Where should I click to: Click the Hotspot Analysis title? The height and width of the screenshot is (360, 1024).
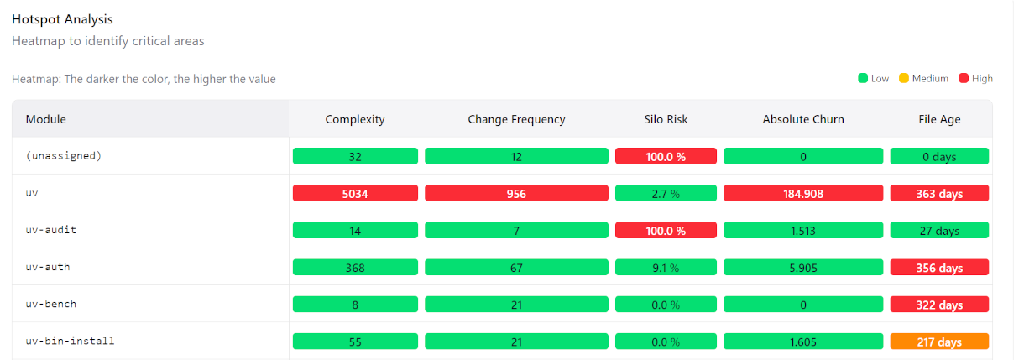pos(62,19)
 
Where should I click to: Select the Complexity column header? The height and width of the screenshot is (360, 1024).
pos(355,119)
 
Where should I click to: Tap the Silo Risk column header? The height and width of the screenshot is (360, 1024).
pos(666,119)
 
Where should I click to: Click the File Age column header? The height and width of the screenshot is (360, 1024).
pos(939,119)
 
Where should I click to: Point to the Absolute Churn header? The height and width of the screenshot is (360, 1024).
pos(803,119)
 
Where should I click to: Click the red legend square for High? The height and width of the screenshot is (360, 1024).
pos(964,78)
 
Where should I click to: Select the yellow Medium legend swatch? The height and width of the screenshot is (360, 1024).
pos(904,78)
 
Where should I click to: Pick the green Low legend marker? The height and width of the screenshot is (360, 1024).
pos(863,78)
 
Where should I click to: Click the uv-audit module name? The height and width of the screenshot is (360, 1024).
pos(50,230)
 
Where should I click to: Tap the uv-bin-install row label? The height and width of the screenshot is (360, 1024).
pos(70,341)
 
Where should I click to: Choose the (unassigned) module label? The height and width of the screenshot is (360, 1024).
pos(64,156)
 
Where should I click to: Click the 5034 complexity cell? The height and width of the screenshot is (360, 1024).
pos(355,193)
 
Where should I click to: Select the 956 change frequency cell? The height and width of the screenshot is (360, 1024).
pos(516,193)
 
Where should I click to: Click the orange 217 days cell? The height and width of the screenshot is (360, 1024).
pos(939,342)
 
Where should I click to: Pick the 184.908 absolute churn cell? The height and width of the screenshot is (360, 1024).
pos(803,193)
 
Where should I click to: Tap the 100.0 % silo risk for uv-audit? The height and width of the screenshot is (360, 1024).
pos(666,230)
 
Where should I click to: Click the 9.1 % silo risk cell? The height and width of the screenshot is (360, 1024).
pos(666,267)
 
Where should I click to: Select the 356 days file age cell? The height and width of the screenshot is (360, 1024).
pos(939,267)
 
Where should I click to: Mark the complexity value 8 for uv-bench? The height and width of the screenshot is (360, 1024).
pos(355,305)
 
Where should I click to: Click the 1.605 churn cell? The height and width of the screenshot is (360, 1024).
pos(803,342)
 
